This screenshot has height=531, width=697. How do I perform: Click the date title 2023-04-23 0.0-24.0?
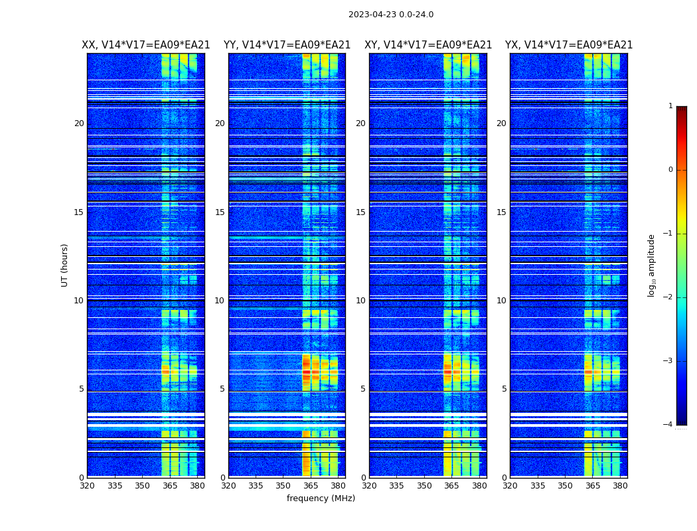391,15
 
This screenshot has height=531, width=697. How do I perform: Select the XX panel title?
146,45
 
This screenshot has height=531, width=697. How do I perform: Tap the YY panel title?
287,45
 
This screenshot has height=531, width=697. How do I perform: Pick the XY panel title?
428,45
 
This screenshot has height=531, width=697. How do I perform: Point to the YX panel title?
569,45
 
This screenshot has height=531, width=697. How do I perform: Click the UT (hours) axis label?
65,265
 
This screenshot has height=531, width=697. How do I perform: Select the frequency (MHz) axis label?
321,498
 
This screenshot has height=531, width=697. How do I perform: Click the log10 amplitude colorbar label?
651,265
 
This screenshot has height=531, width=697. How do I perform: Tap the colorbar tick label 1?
670,106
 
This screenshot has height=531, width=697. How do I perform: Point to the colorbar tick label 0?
670,170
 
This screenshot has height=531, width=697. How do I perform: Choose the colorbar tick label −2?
668,297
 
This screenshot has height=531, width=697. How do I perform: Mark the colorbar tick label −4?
668,425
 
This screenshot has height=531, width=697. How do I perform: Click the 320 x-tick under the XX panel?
87,486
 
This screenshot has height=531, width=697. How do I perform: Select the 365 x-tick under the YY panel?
311,486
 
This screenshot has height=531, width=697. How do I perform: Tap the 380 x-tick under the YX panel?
620,486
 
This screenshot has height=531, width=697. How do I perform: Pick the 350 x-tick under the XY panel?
424,486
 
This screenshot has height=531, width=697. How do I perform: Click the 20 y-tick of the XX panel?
79,123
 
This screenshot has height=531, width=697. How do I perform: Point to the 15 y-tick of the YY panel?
220,212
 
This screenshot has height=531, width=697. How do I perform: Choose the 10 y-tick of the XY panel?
360,301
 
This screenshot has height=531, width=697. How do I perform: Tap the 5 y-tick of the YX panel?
504,389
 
